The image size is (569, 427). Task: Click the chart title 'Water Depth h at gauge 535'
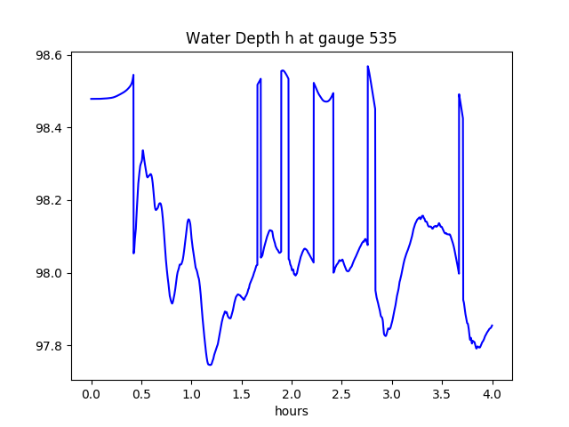coord(291,38)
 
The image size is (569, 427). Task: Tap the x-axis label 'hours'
coord(292,412)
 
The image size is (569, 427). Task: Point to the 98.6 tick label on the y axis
coord(47,55)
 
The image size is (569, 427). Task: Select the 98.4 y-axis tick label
coord(47,128)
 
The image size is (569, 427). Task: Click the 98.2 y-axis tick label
coord(47,201)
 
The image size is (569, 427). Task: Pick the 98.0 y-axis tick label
coord(47,273)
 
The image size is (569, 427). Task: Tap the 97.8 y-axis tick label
coord(47,346)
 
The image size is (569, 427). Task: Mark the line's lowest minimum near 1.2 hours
coord(210,365)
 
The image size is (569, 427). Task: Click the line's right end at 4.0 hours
coord(493,326)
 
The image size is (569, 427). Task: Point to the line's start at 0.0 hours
coord(92,99)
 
